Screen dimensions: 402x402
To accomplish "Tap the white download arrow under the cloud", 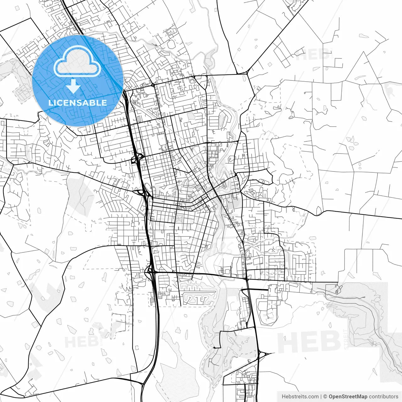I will pos(73,87).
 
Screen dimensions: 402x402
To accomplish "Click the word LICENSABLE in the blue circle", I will pos(78,103).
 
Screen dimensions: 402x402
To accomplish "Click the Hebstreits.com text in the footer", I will pos(300,397).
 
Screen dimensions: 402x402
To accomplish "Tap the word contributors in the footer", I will pos(383,397).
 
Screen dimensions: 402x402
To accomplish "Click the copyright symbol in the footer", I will pos(325,397).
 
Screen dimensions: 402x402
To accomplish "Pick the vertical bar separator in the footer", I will pos(321,397).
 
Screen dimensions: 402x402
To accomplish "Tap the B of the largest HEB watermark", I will pos(330,342).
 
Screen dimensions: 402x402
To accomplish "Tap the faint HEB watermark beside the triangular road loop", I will pos(312,55).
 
